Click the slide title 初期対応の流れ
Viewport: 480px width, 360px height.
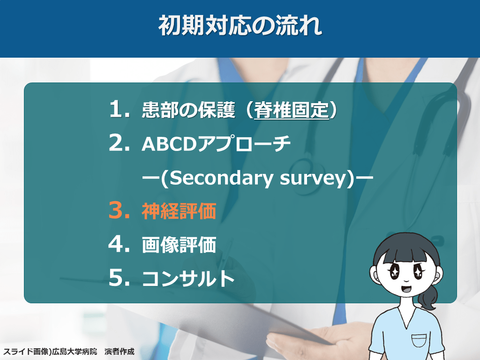(x=240, y=25)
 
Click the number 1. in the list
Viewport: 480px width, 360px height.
(x=120, y=109)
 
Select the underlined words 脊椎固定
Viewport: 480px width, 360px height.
(x=292, y=110)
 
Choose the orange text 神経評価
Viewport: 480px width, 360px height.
(x=179, y=211)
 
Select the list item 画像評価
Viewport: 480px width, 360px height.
(x=179, y=245)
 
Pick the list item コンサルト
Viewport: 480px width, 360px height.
(x=188, y=278)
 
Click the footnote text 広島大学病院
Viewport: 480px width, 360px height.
(x=75, y=351)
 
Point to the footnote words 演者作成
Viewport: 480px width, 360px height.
(x=120, y=351)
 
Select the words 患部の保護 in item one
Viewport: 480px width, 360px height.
(x=188, y=110)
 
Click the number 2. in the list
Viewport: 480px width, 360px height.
(x=120, y=142)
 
